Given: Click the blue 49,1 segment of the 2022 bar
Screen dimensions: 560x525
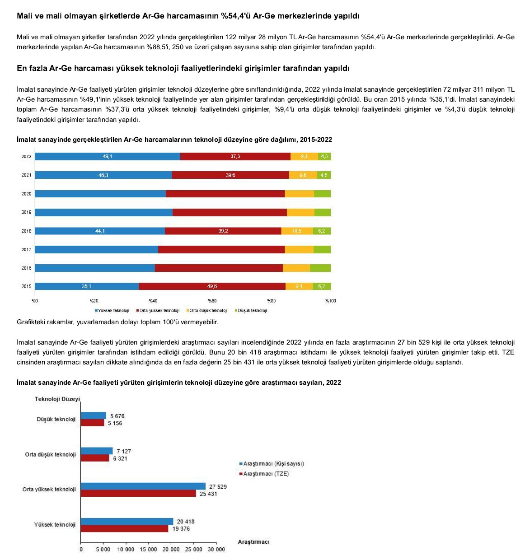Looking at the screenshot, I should coord(108,157).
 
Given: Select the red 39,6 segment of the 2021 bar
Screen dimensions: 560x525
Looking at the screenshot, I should coord(230,175).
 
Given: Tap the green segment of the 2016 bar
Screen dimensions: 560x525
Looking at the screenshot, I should coord(320,268).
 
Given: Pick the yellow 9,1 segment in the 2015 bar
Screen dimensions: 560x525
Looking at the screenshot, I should coord(299,286).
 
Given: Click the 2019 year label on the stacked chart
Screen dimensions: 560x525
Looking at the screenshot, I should coord(26,212).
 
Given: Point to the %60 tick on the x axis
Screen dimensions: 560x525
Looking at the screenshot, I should coord(212,301).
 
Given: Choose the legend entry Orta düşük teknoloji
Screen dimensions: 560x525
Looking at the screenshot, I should coord(209,311).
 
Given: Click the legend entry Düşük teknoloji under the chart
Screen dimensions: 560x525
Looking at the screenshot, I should coord(252,311).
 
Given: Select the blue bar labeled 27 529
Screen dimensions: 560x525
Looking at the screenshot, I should coord(143,486).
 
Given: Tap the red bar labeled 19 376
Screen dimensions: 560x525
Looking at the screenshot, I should coord(125,529).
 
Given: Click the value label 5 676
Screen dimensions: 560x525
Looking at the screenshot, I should coord(117,416).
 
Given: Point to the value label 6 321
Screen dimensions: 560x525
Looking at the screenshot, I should coord(120,458).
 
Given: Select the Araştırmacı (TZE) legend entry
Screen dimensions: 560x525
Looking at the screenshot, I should coord(266,474).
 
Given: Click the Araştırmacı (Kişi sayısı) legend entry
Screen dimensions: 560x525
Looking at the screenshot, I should coord(273,464).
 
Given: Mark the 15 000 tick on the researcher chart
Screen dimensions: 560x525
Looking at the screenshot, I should coord(148,550).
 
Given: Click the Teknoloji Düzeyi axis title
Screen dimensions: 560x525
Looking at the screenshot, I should coord(57,399).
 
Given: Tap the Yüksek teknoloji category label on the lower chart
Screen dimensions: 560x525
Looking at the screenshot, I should coord(55,525).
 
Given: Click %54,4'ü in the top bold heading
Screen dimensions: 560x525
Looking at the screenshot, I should coord(235,16).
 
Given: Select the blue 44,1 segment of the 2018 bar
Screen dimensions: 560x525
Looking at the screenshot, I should coord(100,231).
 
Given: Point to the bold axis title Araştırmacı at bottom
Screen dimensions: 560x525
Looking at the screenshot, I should coord(253,542).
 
